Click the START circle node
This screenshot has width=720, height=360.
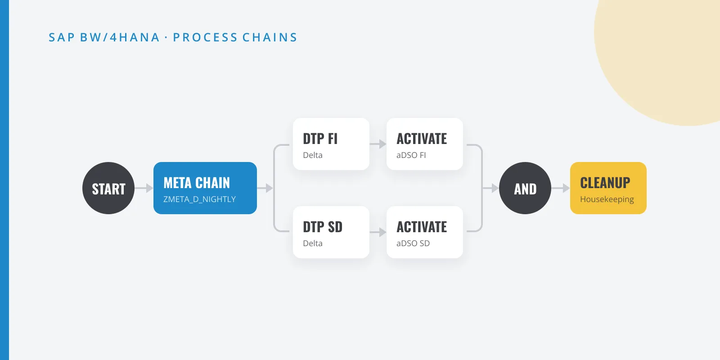coord(108,188)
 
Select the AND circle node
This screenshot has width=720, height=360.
coord(525,188)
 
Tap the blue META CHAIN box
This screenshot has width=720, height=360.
coord(205,188)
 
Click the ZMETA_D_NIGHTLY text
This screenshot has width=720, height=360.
coord(200,199)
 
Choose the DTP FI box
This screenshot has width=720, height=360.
coord(331,144)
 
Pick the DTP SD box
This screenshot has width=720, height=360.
coord(331,232)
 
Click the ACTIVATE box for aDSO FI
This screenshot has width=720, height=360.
coord(425,144)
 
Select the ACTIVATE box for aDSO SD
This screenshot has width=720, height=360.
coord(425,232)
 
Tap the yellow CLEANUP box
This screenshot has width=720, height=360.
coord(608,188)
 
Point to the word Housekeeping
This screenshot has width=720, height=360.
coord(607,199)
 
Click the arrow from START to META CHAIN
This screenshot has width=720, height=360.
coord(144,188)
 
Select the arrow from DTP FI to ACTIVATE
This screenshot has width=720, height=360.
coord(378,144)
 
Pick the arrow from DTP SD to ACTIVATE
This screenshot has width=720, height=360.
coord(378,232)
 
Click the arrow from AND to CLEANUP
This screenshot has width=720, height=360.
coord(561,188)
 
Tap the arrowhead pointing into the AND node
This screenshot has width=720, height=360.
coord(495,188)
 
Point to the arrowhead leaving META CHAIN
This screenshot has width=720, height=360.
coord(270,188)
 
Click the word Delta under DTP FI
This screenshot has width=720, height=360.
coord(313,155)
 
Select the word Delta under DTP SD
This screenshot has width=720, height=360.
coord(313,243)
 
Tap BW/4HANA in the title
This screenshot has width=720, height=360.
coord(120,37)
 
